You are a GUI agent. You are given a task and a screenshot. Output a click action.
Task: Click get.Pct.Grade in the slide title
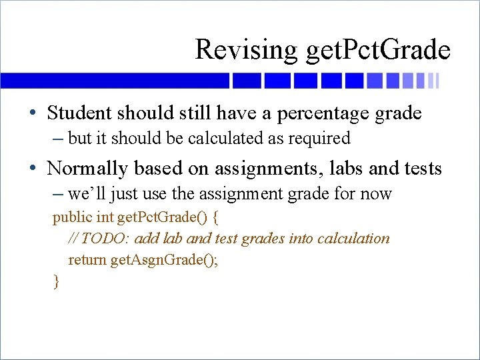tap(377, 50)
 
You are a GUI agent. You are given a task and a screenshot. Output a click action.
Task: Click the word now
tap(376, 194)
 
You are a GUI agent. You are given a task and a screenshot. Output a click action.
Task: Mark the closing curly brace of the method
tap(56, 281)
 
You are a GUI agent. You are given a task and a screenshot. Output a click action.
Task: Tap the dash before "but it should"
tap(59, 139)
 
